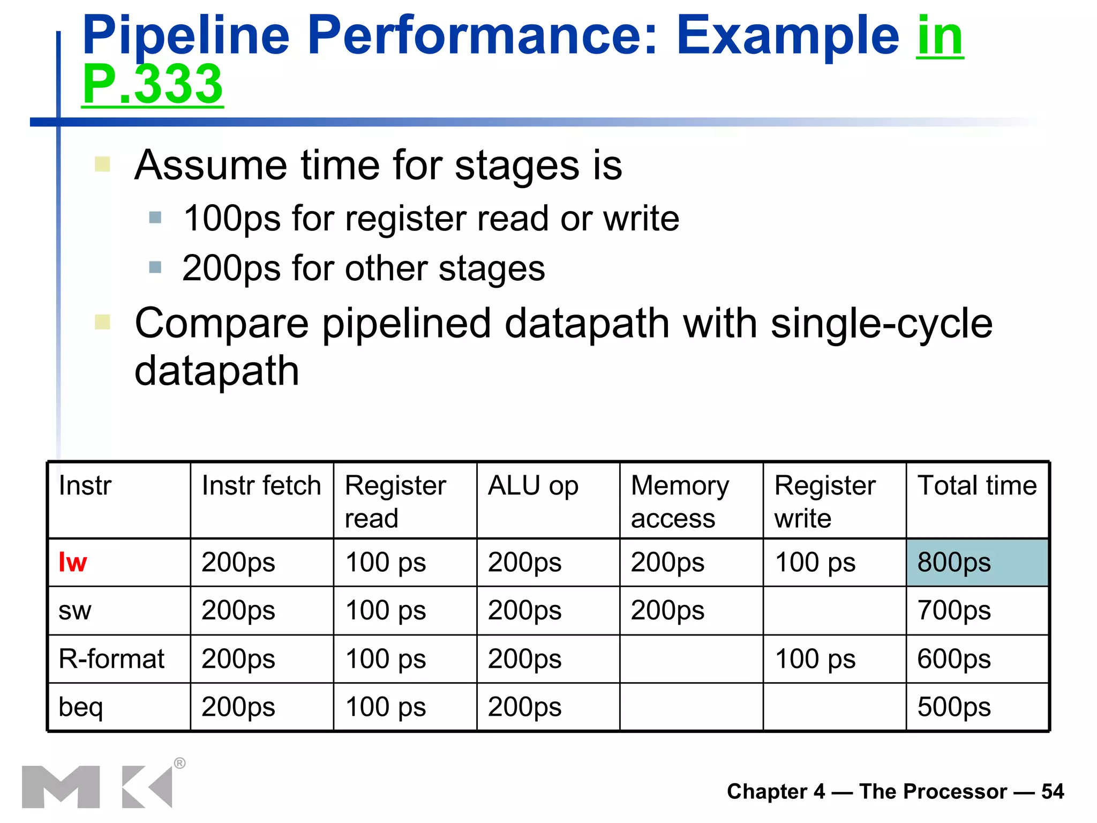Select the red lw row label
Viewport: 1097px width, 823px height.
pos(73,563)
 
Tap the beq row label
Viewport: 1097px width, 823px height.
pos(80,707)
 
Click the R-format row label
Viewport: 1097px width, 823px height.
pos(111,659)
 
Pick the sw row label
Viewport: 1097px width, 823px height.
pos(75,611)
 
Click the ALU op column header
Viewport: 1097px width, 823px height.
pos(533,486)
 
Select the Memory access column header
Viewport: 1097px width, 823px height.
pos(680,502)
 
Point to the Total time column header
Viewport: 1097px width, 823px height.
pos(977,486)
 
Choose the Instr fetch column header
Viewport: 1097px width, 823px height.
pos(261,486)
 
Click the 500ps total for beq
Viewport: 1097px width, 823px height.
pos(954,707)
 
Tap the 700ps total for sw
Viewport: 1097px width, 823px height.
pos(954,611)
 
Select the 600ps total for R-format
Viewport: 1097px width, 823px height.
pos(954,659)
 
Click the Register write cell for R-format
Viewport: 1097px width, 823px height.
pos(815,659)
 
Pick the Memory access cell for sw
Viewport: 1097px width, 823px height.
pos(667,611)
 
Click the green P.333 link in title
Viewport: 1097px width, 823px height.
pos(153,84)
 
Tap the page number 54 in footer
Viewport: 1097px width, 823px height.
pos(1053,791)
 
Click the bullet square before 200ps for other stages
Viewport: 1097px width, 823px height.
pos(155,267)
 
